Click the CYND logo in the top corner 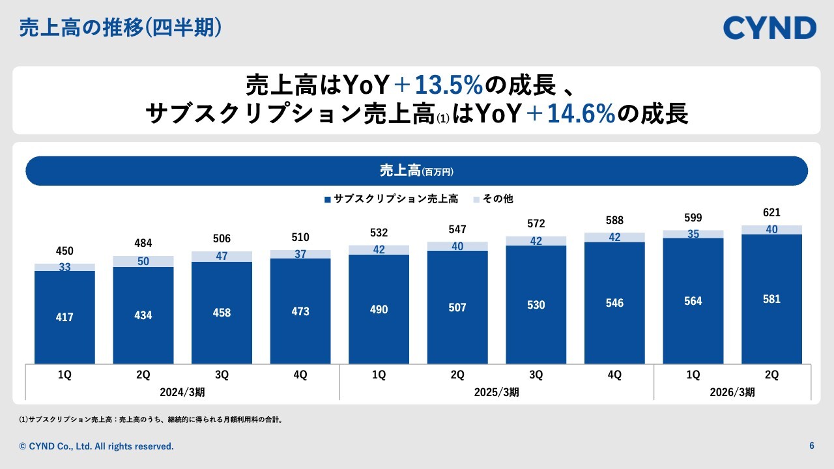coord(769,28)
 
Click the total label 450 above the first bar coord(65,251)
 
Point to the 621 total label coord(771,212)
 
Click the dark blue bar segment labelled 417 coord(65,317)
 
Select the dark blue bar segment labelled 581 coord(771,299)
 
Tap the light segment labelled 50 coord(143,261)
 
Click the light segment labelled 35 coord(693,234)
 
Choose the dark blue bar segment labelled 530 coord(536,305)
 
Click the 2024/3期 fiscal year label coord(182,392)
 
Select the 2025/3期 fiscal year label coord(496,392)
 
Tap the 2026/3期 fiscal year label coord(732,392)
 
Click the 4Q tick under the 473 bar coord(300,375)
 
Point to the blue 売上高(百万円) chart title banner coord(416,171)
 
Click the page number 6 coord(812,446)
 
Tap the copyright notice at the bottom coord(96,446)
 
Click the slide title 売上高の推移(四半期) coord(121,28)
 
